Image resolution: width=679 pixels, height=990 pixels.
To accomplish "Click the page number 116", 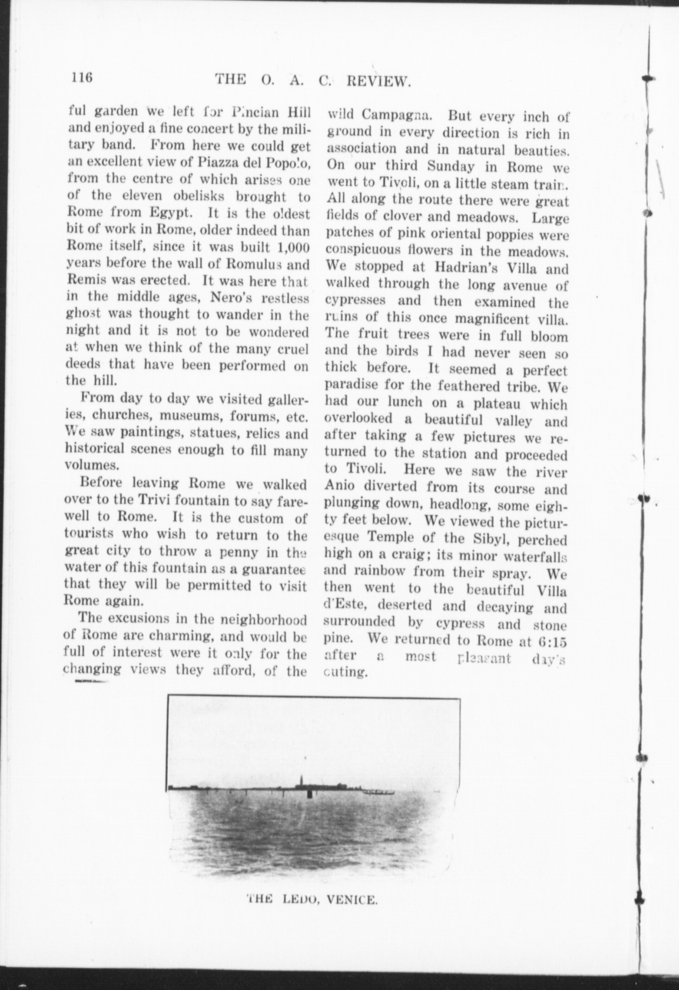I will [82, 76].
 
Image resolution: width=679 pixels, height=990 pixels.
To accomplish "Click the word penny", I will [247, 551].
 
